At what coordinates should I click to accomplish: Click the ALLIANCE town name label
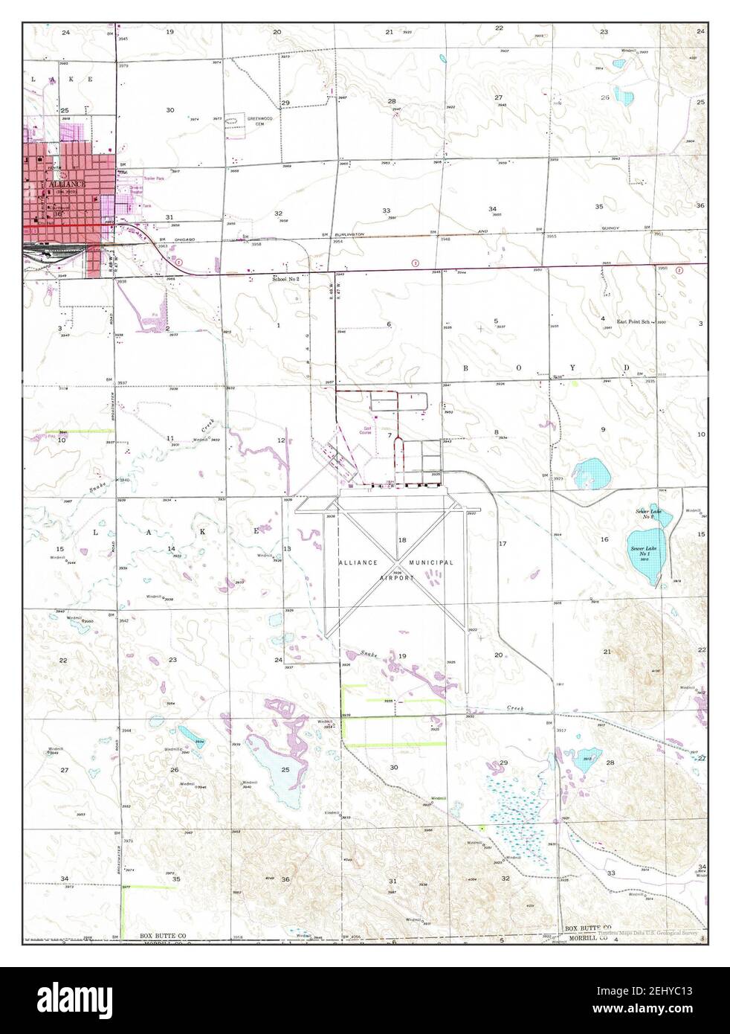(x=68, y=183)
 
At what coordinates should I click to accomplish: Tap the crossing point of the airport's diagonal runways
(x=398, y=559)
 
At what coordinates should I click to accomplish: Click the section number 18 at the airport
(x=402, y=539)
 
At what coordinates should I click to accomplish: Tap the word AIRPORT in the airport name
(x=396, y=577)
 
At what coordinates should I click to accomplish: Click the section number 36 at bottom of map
(x=285, y=879)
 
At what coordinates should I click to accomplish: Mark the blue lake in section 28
(x=588, y=757)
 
